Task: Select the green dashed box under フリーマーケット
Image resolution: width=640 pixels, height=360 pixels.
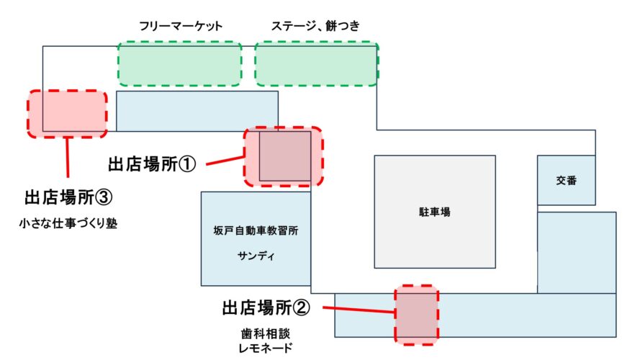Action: (x=179, y=63)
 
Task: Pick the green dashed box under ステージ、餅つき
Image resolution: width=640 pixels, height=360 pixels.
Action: (x=317, y=63)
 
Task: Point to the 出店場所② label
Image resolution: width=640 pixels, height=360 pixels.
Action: (x=266, y=308)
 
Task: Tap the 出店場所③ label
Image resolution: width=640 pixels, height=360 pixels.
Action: (x=69, y=197)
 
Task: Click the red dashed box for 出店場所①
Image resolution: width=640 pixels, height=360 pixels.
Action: (x=283, y=157)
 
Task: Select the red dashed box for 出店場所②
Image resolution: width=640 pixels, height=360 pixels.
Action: (x=416, y=315)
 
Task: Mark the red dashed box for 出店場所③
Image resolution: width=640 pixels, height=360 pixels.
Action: (x=67, y=114)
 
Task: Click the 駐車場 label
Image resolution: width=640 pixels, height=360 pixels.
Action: (x=435, y=212)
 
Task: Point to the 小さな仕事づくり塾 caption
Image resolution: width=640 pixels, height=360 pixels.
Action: (x=69, y=223)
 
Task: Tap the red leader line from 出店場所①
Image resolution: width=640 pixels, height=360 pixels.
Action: (x=225, y=161)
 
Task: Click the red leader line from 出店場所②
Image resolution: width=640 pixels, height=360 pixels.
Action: (x=359, y=310)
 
